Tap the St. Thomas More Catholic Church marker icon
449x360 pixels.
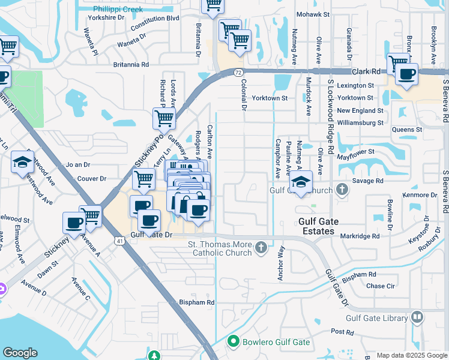point(261,248)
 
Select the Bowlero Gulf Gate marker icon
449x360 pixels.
point(234,342)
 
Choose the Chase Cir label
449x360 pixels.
point(379,286)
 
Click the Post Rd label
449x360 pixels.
point(342,331)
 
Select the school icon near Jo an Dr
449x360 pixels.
point(23,162)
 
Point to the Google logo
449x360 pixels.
point(20,353)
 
